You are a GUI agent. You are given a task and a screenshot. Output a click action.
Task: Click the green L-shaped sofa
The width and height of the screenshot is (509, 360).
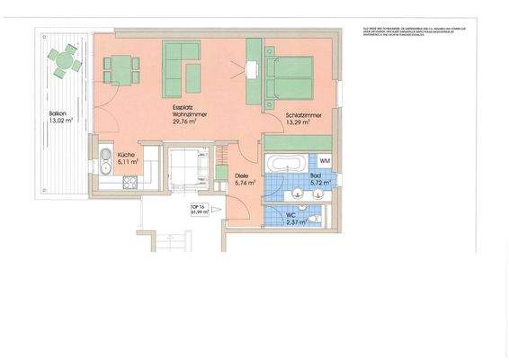(x=182, y=68)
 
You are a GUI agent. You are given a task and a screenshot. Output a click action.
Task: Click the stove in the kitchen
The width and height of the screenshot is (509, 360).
(x=129, y=183)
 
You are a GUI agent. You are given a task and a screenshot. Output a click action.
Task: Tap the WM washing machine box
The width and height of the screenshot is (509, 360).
(x=325, y=159)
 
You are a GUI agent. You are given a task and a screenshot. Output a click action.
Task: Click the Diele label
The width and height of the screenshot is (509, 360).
(x=241, y=175)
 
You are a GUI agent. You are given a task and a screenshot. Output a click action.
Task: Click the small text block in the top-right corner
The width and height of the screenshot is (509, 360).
(x=413, y=34)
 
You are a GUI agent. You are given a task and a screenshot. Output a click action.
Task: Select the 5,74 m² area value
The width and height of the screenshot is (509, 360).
(x=245, y=184)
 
